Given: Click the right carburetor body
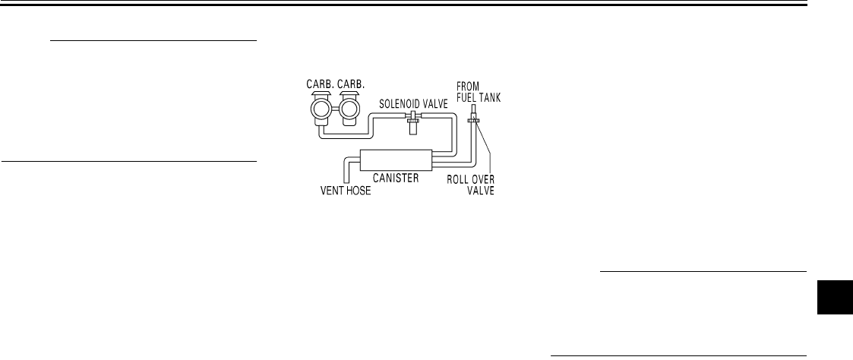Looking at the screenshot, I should (349, 111).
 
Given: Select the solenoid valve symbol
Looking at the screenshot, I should (415, 120).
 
